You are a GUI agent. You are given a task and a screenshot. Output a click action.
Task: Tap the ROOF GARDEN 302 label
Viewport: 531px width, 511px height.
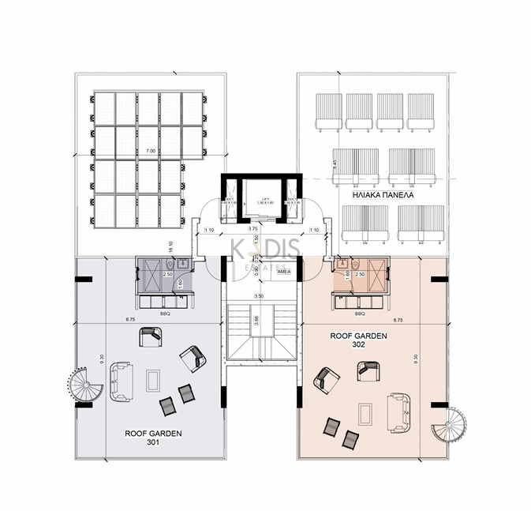point(359,340)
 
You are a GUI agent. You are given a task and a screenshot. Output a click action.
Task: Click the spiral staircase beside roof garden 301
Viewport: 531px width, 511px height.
point(82,385)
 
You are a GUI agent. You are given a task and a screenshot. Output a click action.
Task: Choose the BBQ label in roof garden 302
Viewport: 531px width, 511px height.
point(360,314)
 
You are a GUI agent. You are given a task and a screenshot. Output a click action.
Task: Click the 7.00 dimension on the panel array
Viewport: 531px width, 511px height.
point(151,150)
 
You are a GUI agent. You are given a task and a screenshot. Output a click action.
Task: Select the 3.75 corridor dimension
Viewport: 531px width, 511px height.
point(252,229)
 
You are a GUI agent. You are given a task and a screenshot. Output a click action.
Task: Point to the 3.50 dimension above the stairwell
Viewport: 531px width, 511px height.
point(258,296)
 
